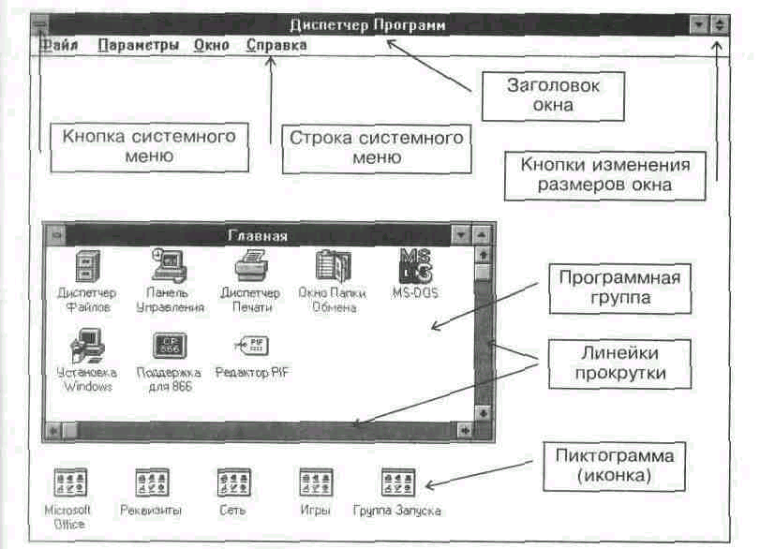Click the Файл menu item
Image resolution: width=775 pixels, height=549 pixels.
[x=59, y=44]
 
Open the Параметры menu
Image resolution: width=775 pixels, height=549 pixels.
[x=138, y=44]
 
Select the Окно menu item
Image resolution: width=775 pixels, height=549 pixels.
[x=212, y=44]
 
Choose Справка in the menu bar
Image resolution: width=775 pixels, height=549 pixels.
[x=276, y=44]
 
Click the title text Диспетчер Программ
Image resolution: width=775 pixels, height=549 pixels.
[x=368, y=24]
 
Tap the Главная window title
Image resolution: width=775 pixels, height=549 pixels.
[x=258, y=235]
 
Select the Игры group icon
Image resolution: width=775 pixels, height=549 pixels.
[x=316, y=482]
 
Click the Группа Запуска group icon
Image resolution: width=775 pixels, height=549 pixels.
[x=397, y=482]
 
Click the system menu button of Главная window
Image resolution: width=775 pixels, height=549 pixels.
[x=56, y=235]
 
